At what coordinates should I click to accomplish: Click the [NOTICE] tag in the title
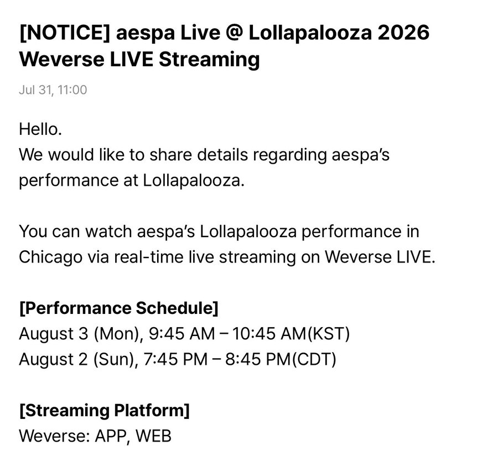tap(65, 33)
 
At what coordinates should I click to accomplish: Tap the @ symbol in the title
tap(235, 33)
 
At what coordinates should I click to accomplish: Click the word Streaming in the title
tap(209, 60)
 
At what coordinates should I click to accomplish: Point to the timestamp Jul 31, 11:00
tap(53, 90)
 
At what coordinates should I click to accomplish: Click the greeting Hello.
tap(40, 129)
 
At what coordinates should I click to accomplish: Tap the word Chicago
tap(50, 258)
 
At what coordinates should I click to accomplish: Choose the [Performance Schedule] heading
tap(119, 308)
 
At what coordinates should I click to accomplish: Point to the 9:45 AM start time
tap(181, 334)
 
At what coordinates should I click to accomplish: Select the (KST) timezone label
tap(329, 334)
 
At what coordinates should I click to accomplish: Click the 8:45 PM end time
tap(258, 360)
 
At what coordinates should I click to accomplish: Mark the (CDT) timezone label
tap(314, 360)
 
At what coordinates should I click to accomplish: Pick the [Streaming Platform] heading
tap(105, 411)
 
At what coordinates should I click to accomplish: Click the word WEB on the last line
tap(154, 436)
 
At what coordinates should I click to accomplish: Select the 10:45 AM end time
tap(270, 334)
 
